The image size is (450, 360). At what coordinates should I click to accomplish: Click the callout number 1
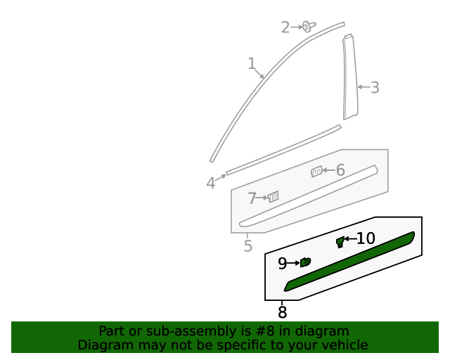pos(252,64)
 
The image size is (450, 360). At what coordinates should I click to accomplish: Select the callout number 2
pos(285,27)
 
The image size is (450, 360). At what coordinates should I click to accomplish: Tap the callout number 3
pos(375,88)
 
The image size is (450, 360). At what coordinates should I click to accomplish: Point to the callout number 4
pos(211,184)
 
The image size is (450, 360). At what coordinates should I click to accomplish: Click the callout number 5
pos(248,246)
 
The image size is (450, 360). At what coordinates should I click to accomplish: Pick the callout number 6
pos(340,170)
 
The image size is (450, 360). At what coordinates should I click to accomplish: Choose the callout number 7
pos(252,199)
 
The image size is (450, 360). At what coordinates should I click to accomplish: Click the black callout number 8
pos(282,313)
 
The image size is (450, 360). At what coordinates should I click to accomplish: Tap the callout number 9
pos(282,264)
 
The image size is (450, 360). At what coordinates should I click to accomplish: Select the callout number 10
pos(366,239)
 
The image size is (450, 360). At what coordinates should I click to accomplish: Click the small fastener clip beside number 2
pos(308,26)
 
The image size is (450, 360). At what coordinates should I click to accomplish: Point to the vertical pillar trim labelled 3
pos(349,77)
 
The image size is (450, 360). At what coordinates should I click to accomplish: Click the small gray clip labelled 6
pos(316,171)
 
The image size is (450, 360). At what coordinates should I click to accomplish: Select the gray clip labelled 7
pos(273,197)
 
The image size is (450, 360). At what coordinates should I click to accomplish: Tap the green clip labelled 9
pos(305,262)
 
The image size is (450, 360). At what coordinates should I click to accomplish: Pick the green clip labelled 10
pos(340,242)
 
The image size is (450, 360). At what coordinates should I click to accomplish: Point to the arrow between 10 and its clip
pos(349,239)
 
